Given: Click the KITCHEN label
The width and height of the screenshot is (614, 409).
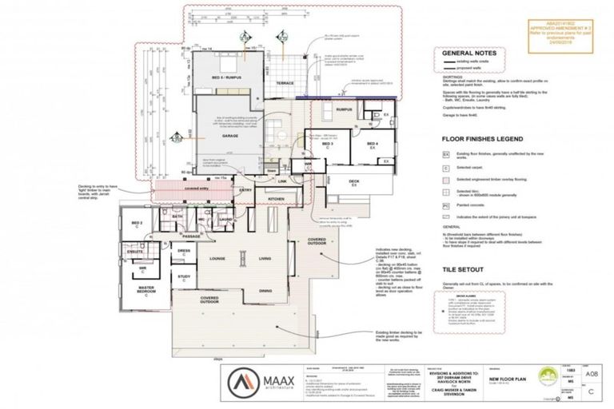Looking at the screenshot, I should (x=276, y=197).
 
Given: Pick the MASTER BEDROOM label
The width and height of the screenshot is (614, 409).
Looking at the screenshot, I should (x=145, y=289).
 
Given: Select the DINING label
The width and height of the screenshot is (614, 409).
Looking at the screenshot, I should (x=266, y=291).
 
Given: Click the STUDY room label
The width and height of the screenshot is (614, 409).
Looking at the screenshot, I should (x=183, y=277).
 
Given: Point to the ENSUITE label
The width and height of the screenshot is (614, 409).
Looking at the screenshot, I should (x=136, y=252).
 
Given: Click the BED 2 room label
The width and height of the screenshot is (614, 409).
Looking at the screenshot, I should (x=137, y=224).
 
